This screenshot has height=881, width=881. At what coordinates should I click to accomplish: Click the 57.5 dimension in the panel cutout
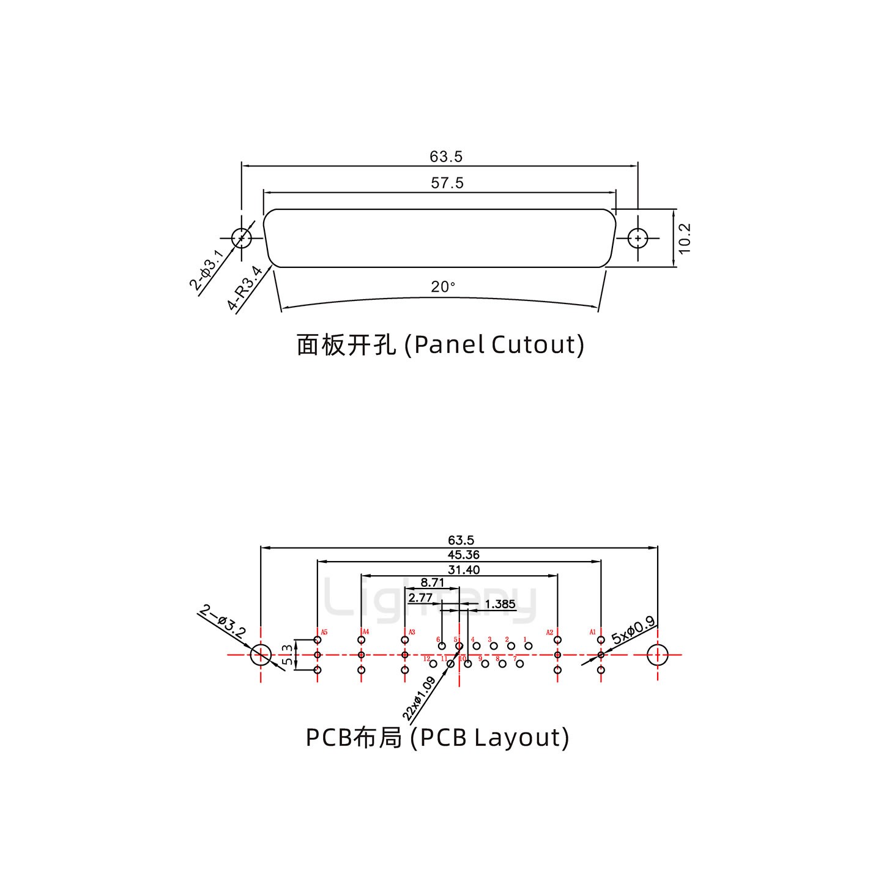(447, 183)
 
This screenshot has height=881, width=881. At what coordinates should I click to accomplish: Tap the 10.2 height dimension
(685, 238)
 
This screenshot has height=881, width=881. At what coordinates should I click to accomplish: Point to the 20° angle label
(443, 287)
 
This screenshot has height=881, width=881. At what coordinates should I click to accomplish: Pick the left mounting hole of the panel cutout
(242, 238)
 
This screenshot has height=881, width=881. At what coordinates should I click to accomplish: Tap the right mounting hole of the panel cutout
(638, 238)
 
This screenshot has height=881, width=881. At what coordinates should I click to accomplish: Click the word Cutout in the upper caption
(533, 345)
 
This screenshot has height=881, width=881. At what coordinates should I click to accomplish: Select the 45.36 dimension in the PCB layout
(464, 555)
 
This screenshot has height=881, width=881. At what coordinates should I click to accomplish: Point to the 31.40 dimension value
(464, 570)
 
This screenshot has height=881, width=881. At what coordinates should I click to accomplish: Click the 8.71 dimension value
(433, 583)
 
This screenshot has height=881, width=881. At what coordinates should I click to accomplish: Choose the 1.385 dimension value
(500, 604)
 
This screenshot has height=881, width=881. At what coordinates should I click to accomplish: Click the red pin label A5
(324, 632)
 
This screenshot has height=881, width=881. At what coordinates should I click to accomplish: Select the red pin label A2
(549, 632)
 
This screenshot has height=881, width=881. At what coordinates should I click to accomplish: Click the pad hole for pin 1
(529, 646)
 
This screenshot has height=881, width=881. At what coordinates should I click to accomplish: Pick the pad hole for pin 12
(433, 664)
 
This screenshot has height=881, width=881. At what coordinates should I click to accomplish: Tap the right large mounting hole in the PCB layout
(658, 655)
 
